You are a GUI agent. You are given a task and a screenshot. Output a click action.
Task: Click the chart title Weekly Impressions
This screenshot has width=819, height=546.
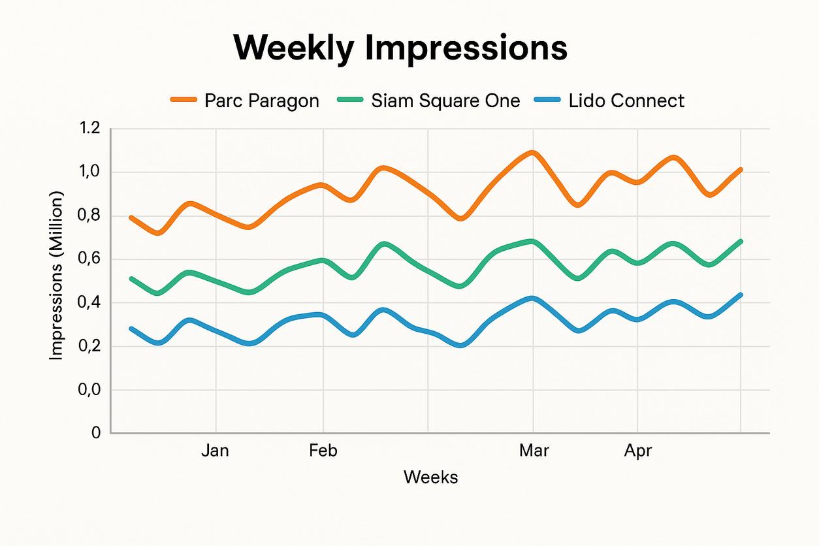click(x=400, y=48)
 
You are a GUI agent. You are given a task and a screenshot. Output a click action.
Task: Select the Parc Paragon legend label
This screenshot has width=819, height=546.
click(x=261, y=101)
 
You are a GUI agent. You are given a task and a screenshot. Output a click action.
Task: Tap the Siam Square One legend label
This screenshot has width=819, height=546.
click(x=445, y=101)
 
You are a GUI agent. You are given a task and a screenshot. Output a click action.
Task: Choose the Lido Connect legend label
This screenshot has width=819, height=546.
click(x=626, y=101)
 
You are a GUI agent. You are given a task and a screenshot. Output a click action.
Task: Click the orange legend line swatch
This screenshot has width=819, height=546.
click(x=184, y=101)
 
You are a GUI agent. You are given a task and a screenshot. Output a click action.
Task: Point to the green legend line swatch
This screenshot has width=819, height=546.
click(x=351, y=101)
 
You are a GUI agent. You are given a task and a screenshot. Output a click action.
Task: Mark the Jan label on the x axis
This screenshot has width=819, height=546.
click(x=215, y=451)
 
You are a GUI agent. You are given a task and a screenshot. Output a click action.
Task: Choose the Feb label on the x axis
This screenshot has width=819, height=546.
click(x=323, y=451)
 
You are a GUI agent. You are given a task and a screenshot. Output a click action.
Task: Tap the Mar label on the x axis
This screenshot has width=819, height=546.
click(x=534, y=451)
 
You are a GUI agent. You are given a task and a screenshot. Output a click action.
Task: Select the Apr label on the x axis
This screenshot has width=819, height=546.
click(x=638, y=451)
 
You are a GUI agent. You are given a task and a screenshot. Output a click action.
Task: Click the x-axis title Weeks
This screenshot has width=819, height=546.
click(x=430, y=477)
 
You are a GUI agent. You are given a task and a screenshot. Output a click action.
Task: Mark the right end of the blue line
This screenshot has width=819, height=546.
click(x=740, y=295)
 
